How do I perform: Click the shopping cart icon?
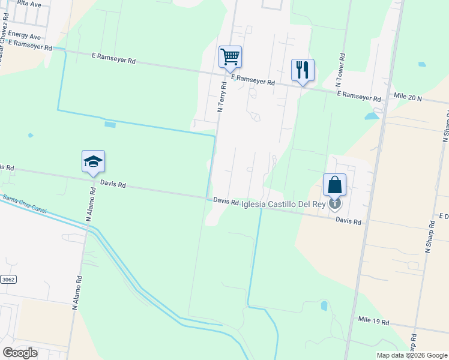[230, 57]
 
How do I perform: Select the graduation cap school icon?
[93, 161]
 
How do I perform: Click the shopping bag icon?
[335, 185]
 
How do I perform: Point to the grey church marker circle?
[335, 203]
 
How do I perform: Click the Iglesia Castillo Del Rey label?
[283, 205]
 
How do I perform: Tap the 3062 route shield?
[8, 280]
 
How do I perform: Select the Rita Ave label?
[29, 3]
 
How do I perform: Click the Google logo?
[19, 352]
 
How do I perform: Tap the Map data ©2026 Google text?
[411, 355]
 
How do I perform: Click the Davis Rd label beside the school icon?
[113, 185]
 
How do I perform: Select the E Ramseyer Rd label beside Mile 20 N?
[359, 96]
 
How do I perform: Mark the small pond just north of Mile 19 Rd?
[325, 306]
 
